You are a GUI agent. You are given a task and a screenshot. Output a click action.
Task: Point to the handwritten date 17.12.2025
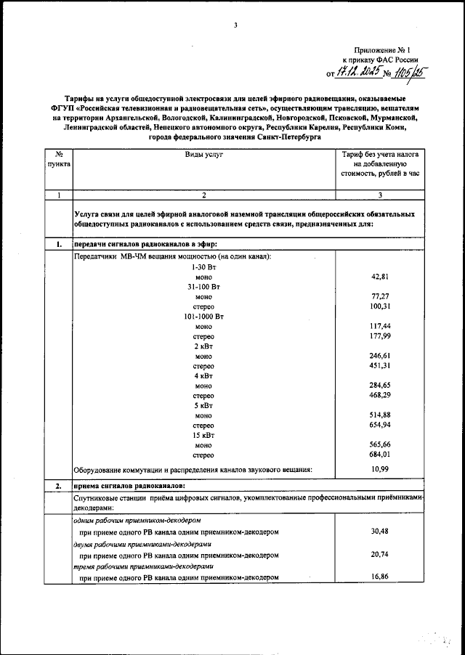[x=351, y=71]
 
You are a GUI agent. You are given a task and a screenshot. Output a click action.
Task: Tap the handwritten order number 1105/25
[x=408, y=71]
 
